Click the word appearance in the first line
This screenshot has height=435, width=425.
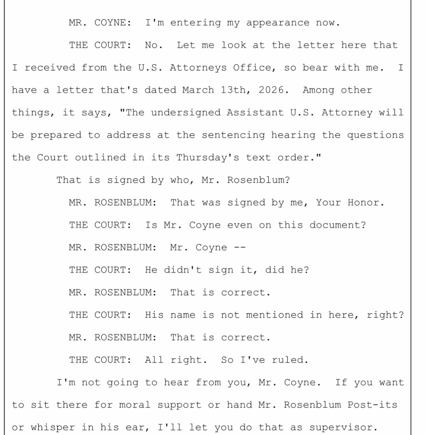tap(277, 23)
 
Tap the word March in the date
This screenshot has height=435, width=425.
tap(198, 90)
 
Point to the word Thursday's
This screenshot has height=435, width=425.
tap(207, 158)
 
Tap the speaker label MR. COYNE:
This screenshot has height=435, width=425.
tap(100, 23)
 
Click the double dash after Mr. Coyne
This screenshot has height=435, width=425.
tap(239, 247)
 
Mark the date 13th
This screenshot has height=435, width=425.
tap(236, 90)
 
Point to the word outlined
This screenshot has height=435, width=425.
tap(100, 158)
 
